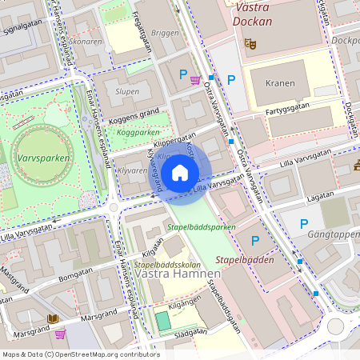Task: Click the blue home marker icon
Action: click(x=180, y=172)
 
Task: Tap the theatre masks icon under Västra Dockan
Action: click(x=250, y=43)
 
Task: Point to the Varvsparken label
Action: click(x=40, y=158)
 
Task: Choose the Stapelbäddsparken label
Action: click(x=202, y=227)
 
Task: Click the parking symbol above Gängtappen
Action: click(x=303, y=224)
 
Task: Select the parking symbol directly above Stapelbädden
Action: click(x=255, y=240)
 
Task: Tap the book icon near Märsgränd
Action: click(x=53, y=318)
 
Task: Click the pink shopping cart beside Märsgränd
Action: click(x=60, y=333)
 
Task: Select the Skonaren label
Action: click(x=85, y=41)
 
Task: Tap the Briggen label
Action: click(x=165, y=34)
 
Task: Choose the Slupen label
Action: click(x=127, y=91)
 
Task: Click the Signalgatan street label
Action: click(x=22, y=26)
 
